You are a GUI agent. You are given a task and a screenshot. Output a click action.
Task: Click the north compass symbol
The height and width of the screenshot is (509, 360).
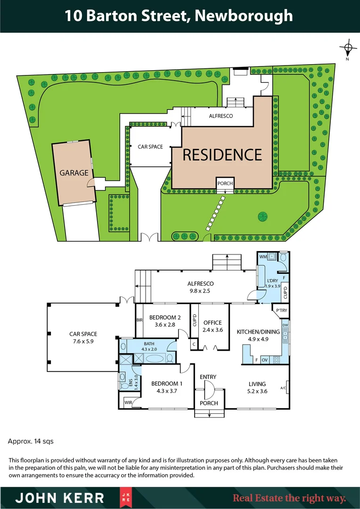coord(348,48)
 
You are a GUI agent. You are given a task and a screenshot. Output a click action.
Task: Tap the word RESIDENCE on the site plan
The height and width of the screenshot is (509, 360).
coord(222,155)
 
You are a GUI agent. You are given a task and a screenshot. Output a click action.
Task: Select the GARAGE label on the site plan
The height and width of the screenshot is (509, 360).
coord(74,173)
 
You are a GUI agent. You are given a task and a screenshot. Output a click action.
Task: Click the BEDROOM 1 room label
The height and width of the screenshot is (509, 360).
coord(167,383)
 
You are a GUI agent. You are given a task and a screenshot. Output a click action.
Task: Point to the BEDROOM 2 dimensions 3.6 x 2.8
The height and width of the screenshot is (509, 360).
coord(165,325)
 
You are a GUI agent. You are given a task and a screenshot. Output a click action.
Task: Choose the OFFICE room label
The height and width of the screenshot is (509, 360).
coord(213,323)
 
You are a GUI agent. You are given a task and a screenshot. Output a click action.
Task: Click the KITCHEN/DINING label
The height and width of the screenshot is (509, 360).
coord(258,332)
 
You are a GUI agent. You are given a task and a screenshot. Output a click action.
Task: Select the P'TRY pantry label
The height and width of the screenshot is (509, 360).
coord(282,310)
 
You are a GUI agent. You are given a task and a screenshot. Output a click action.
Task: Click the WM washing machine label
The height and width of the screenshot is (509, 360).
coord(263,257)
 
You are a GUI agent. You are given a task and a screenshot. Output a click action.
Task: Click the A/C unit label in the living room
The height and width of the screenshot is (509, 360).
coord(283,388)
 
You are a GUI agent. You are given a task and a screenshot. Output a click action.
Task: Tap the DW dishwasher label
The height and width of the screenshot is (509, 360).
coord(285,325)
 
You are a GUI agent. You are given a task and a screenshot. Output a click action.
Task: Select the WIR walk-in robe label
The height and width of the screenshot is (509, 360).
coord(128,402)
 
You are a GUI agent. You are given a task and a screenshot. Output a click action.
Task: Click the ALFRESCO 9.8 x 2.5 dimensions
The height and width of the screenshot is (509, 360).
coord(201,291)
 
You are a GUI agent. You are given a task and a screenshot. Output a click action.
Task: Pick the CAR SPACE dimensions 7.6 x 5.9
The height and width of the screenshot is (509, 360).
coord(83,341)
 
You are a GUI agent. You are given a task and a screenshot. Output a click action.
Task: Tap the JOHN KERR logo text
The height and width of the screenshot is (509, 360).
coord(60,498)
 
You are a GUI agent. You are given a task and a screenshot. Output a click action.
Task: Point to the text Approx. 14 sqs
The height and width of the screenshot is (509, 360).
coord(31,442)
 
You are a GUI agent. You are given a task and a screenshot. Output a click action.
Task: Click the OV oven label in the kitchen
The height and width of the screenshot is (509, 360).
coord(264,360)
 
